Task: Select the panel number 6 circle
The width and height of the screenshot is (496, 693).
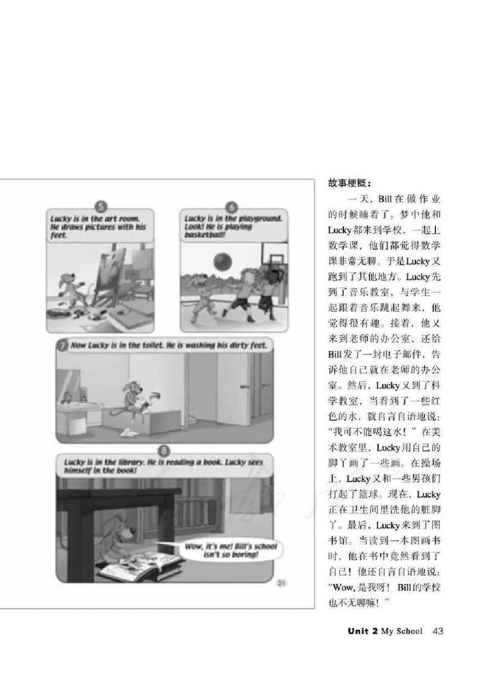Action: (232, 207)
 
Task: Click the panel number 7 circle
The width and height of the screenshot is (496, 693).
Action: (61, 346)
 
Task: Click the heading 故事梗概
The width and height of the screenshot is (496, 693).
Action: (349, 184)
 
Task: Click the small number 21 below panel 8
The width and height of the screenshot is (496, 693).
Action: (280, 582)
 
